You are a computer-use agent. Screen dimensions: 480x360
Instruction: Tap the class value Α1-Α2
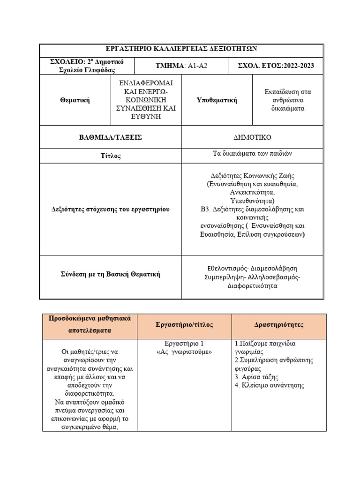pos(197,66)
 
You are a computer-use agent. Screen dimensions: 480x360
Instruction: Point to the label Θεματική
pos(75,100)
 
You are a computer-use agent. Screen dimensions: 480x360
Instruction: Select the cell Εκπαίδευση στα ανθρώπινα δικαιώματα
pos(287,100)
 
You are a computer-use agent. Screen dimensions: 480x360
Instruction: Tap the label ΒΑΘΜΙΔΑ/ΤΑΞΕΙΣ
pos(110,137)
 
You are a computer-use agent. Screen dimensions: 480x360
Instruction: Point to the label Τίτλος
pos(110,156)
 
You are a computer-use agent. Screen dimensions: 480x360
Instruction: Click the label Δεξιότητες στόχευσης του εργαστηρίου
pos(110,209)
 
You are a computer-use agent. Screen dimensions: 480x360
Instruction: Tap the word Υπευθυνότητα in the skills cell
pos(251,201)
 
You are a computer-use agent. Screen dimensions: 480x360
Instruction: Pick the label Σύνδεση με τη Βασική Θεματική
pos(110,274)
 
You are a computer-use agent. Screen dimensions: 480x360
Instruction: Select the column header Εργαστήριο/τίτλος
pos(184,324)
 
